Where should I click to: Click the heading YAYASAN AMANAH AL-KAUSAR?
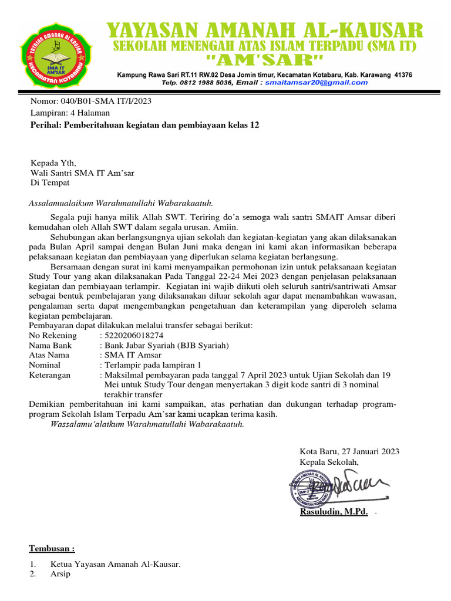point(264,30)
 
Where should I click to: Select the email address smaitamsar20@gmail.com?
point(316,83)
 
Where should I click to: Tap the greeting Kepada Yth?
point(53,163)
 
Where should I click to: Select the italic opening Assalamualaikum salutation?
point(120,203)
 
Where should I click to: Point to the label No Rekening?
point(53,335)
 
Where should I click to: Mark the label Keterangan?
point(50,375)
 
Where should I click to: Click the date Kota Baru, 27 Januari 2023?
point(349,451)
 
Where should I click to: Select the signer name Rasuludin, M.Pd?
point(334,512)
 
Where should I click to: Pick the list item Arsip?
point(60,574)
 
